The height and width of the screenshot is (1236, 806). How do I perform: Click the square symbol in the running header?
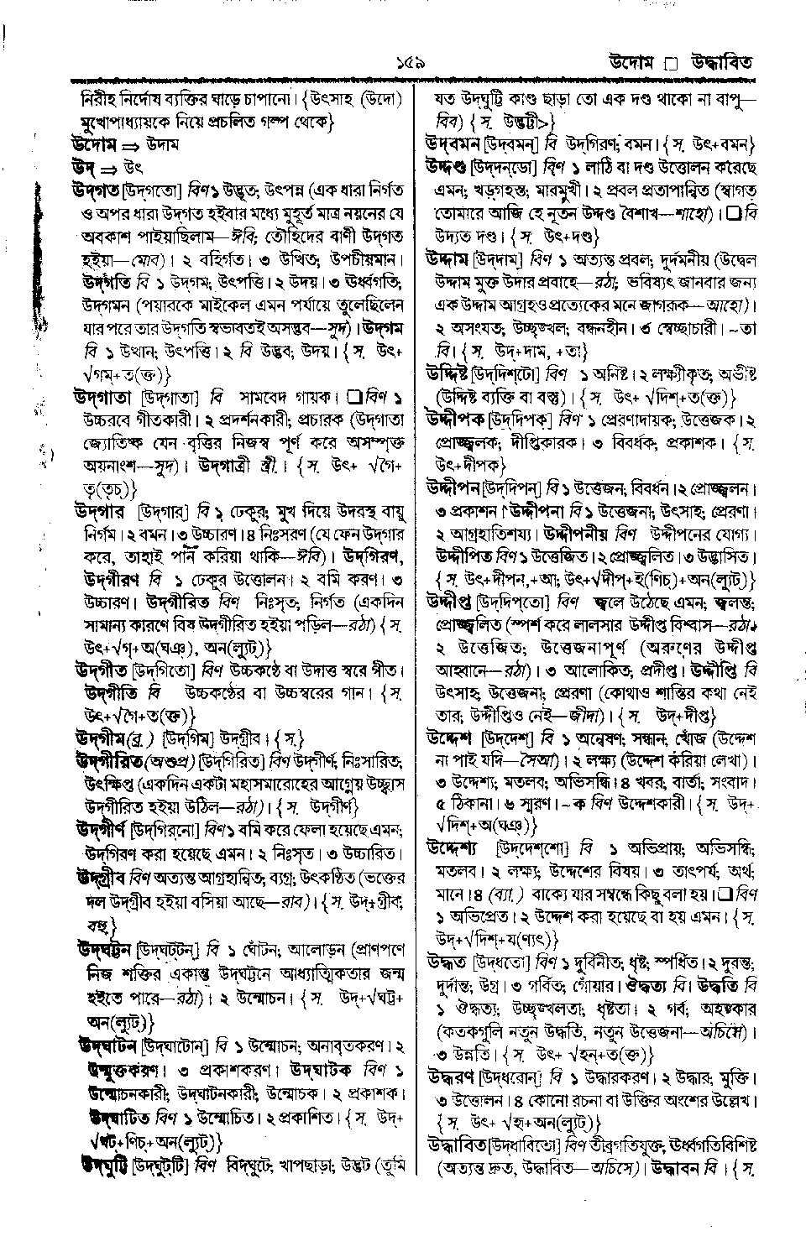point(670,64)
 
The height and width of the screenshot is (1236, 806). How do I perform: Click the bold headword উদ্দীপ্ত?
point(449,601)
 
